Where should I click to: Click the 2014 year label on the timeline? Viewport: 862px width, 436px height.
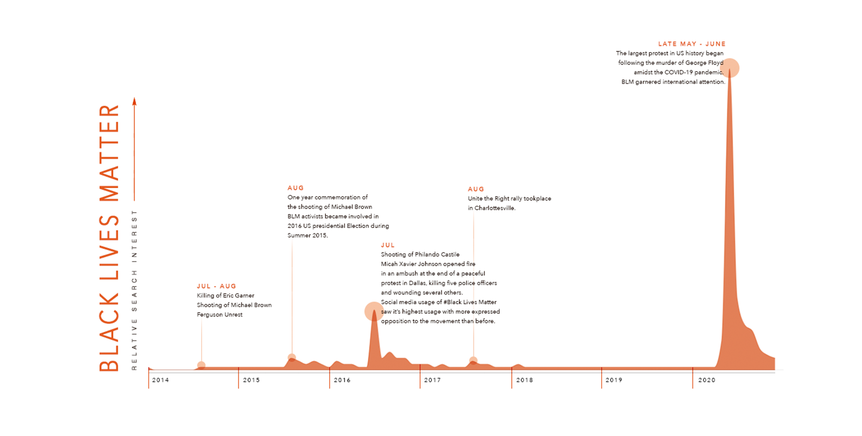coord(160,380)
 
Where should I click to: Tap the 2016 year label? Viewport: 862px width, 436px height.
coord(342,380)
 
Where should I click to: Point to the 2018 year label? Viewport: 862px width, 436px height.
coord(525,380)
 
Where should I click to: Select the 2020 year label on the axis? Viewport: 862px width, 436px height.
coord(707,380)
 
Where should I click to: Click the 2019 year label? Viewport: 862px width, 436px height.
coord(614,380)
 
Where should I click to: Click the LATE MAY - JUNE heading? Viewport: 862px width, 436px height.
coord(692,44)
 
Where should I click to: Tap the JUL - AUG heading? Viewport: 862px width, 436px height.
coord(216,286)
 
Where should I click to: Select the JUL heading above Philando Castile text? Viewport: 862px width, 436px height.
coord(388,245)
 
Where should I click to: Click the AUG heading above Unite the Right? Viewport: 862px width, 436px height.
coord(476,189)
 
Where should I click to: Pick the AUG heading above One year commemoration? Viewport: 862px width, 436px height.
coord(295,188)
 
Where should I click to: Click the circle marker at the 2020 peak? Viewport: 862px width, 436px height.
coord(730,68)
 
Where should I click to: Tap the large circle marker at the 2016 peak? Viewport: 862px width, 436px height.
coord(374,312)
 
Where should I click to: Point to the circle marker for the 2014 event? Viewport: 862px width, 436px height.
coord(201,365)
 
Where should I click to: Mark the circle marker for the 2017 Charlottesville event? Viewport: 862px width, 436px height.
coord(473,361)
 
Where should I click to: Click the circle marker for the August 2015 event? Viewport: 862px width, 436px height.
coord(292,357)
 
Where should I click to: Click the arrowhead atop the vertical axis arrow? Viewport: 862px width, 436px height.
coord(134,101)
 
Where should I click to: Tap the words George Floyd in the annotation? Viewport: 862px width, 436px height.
coord(704,63)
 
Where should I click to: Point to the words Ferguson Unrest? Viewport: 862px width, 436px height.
coord(220,315)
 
